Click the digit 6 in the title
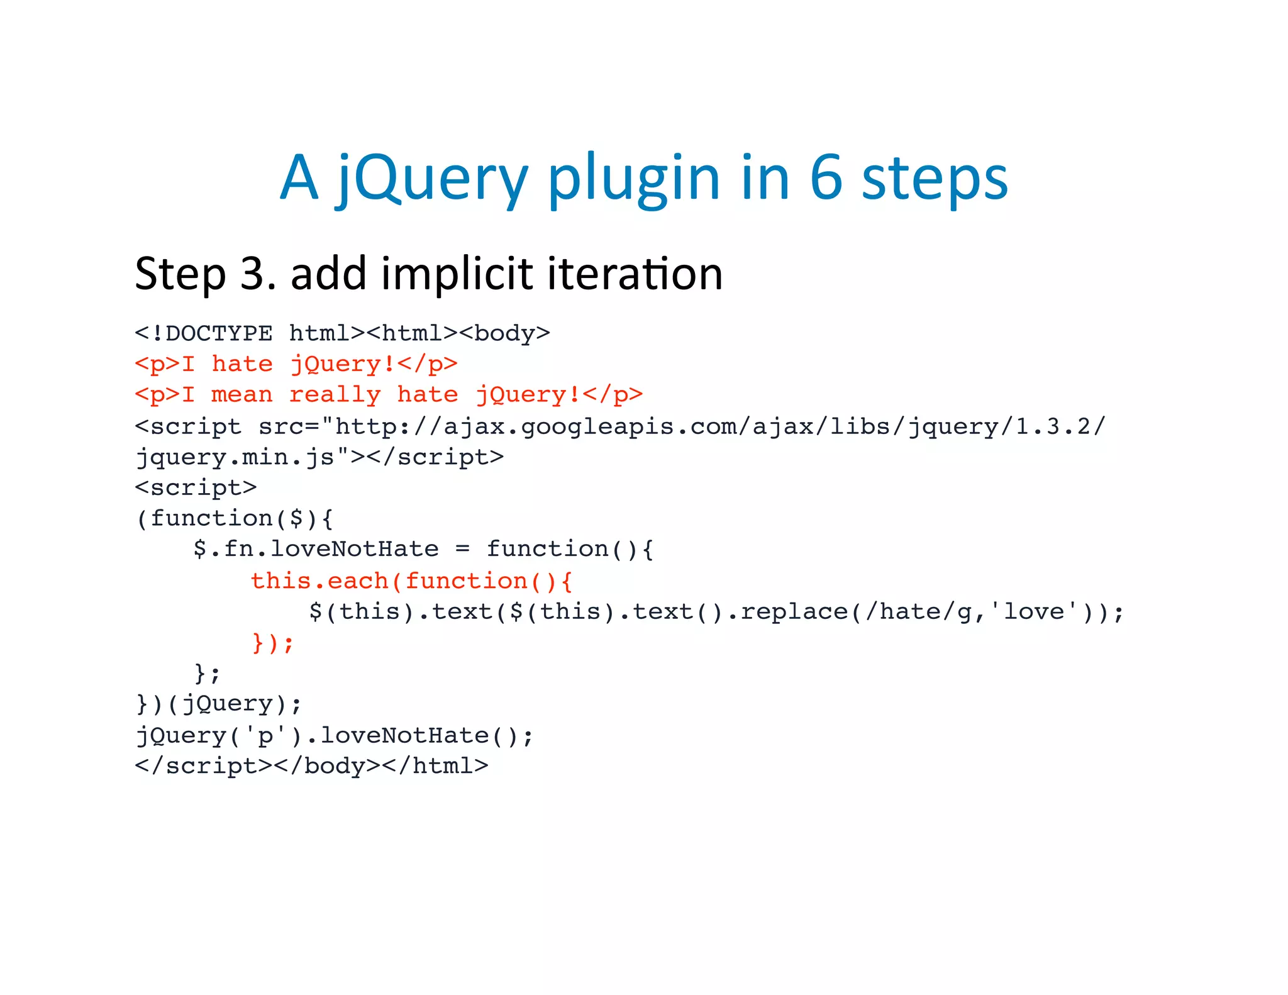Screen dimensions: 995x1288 (x=826, y=178)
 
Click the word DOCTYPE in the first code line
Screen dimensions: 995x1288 (x=219, y=333)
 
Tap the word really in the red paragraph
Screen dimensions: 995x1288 (x=335, y=395)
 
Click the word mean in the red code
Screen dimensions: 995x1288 (x=241, y=395)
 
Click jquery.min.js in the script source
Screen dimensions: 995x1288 (x=235, y=457)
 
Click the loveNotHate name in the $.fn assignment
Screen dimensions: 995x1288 (x=354, y=549)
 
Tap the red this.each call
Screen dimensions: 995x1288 (x=319, y=581)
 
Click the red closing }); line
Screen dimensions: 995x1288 (x=272, y=643)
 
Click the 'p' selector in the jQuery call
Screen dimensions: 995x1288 (x=265, y=735)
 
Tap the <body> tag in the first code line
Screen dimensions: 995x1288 (x=504, y=333)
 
